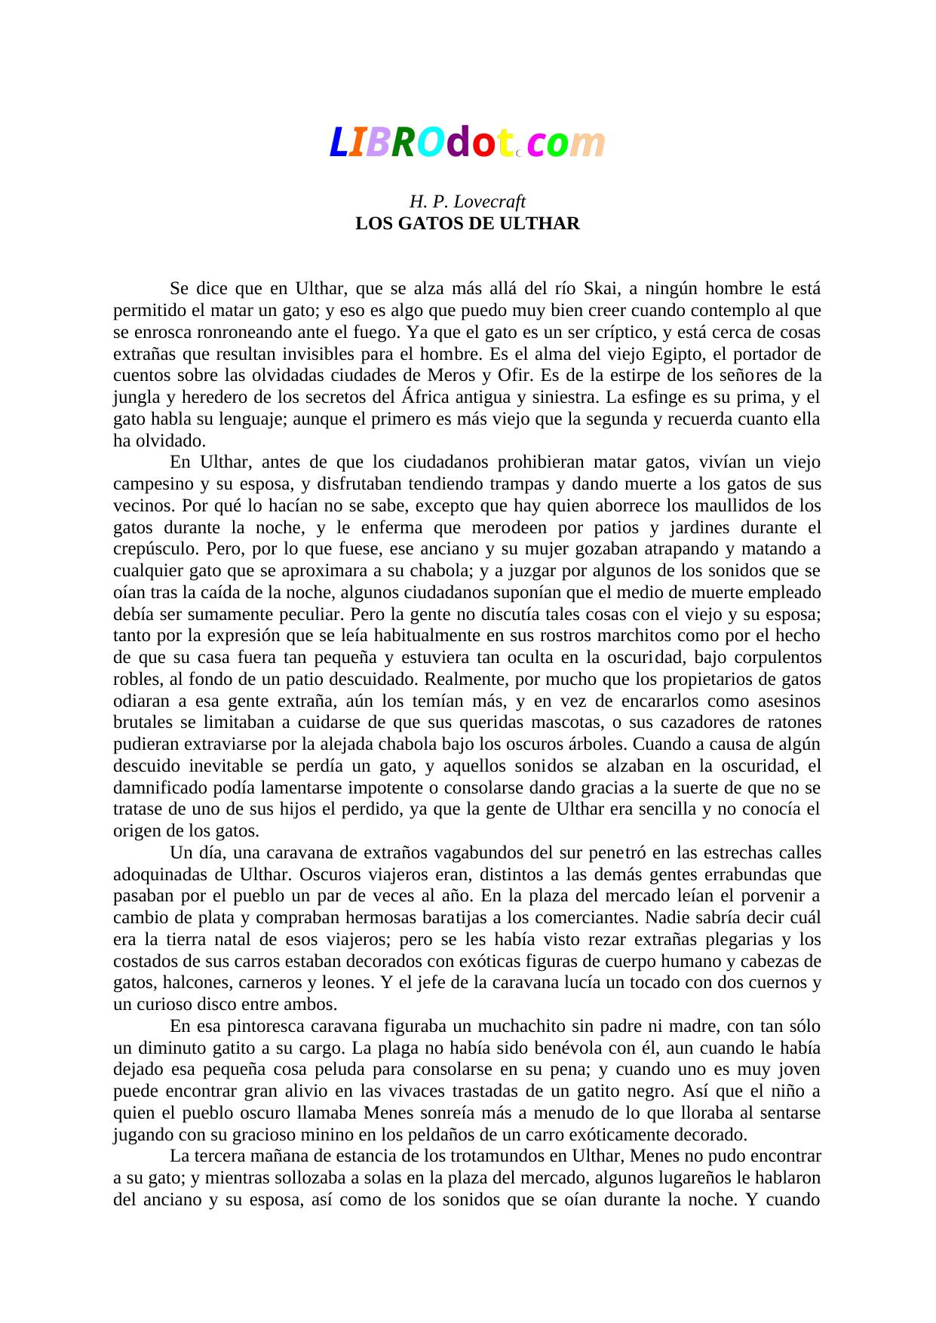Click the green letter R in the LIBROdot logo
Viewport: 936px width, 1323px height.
coord(403,143)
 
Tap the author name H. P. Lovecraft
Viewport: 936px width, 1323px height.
coord(467,202)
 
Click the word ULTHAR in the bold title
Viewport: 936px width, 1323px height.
coord(543,224)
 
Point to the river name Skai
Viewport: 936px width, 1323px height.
coord(601,289)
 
